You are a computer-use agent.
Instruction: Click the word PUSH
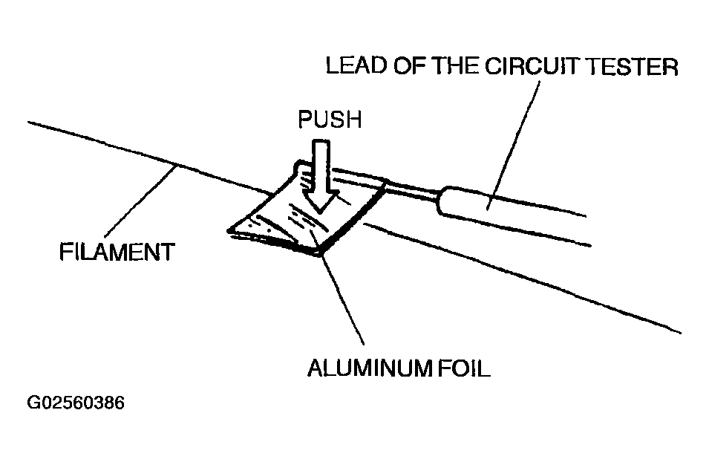[x=329, y=120]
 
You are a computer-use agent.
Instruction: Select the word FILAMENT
[x=116, y=252]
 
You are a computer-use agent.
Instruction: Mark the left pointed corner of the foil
[x=230, y=231]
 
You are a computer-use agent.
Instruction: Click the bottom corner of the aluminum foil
[x=319, y=254]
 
